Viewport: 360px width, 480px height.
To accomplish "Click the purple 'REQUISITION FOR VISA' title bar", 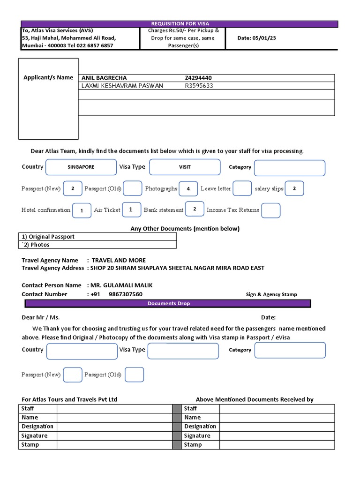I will [x=180, y=24].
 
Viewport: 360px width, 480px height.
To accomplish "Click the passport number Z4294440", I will [x=201, y=78].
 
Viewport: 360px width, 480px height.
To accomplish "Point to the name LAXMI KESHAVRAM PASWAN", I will [x=122, y=86].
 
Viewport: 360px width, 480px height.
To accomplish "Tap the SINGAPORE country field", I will [x=81, y=167].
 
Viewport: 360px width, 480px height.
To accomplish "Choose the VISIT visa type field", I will [x=184, y=167].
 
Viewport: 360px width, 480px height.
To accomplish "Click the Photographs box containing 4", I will [x=188, y=188].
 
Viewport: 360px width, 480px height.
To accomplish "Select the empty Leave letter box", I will [x=242, y=188].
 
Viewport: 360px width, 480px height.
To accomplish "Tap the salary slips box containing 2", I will [x=294, y=188].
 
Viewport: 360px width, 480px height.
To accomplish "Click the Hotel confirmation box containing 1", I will [x=82, y=210].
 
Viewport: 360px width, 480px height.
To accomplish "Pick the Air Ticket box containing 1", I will [x=131, y=210].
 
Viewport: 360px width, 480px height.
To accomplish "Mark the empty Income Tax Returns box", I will [x=270, y=210].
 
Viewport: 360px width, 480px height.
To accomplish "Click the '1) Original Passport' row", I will [x=98, y=237].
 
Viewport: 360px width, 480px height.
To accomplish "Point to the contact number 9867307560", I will [x=125, y=294].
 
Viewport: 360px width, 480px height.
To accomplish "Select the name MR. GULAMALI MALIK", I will [x=121, y=285].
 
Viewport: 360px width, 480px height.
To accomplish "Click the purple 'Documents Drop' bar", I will [x=168, y=304].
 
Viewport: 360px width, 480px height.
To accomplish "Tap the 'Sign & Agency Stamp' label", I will [x=271, y=294].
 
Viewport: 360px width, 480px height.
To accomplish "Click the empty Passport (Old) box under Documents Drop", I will [x=134, y=375].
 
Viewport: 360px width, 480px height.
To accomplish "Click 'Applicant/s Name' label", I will [x=48, y=77].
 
